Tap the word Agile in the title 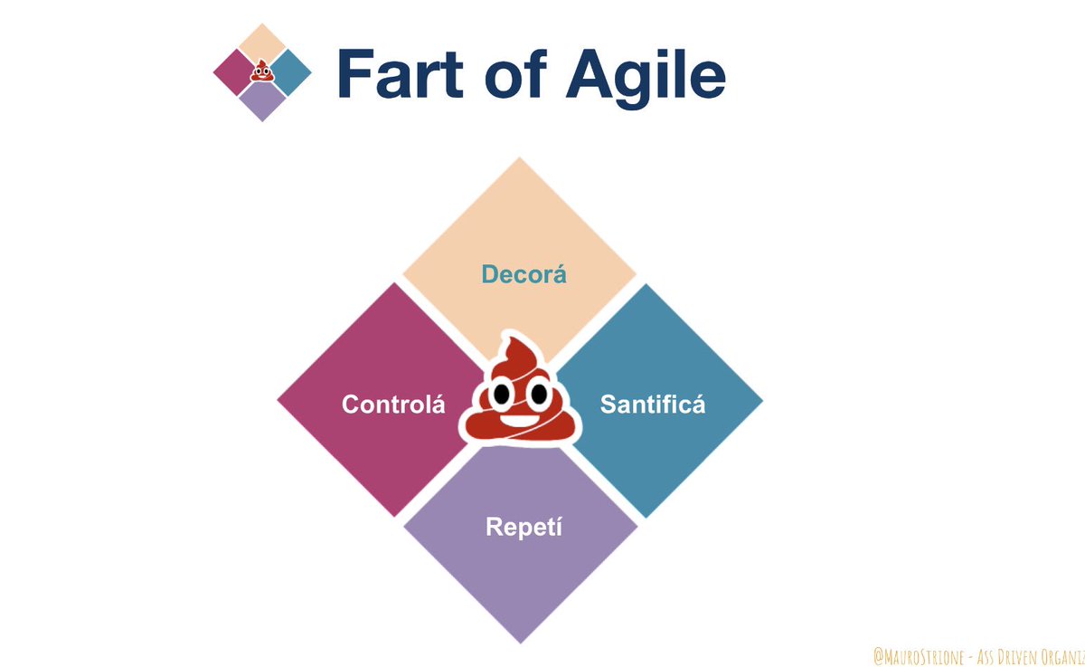[646, 75]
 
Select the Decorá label [524, 274]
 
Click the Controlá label [393, 405]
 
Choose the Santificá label [653, 405]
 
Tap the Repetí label [524, 526]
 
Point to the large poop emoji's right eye [539, 395]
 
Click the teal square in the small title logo [291, 72]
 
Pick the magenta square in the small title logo [233, 72]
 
